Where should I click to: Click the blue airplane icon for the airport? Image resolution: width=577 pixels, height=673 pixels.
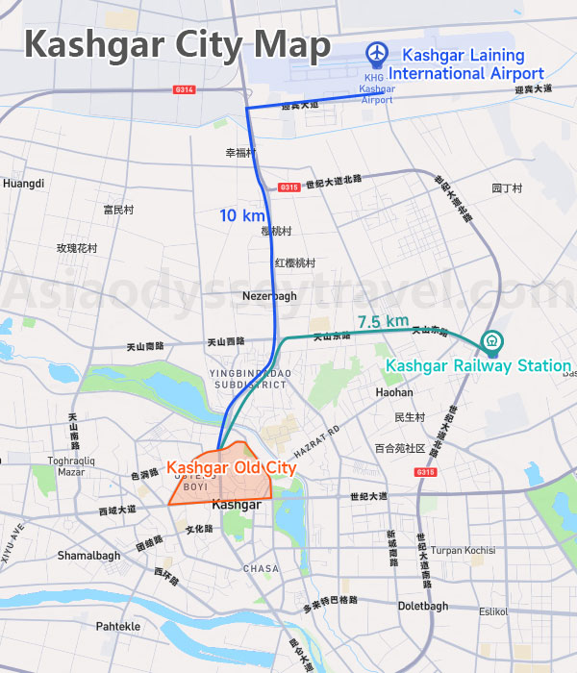(377, 54)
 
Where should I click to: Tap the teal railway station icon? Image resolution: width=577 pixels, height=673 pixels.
(490, 341)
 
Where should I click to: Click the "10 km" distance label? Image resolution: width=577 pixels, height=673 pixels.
(240, 215)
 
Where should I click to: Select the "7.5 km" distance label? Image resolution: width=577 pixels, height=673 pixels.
(383, 321)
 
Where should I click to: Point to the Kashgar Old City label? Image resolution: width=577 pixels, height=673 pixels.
(231, 468)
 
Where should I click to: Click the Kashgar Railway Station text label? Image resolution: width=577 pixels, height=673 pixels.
(478, 365)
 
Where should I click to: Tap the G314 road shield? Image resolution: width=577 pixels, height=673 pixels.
(185, 89)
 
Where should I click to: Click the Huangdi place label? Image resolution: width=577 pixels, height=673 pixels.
(24, 183)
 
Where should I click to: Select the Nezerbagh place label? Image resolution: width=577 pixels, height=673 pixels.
(269, 296)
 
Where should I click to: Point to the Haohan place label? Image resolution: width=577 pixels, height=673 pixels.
(394, 392)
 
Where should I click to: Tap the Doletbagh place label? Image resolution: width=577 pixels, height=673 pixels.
(423, 606)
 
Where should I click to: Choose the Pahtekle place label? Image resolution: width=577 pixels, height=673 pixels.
(117, 626)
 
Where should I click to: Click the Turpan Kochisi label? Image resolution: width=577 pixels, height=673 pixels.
(464, 551)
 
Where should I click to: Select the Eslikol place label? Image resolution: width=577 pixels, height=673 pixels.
(493, 611)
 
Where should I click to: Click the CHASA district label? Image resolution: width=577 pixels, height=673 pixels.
(261, 568)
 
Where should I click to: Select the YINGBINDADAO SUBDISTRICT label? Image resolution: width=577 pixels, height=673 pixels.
(247, 378)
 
